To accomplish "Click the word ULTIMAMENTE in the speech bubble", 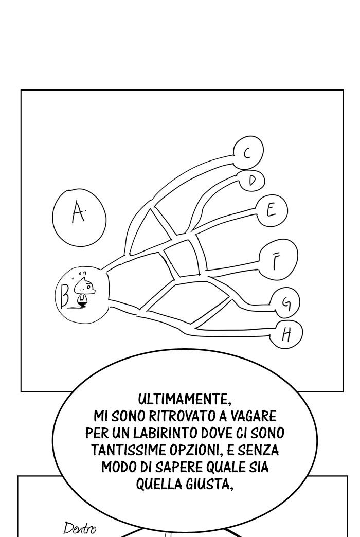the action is [183, 399].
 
